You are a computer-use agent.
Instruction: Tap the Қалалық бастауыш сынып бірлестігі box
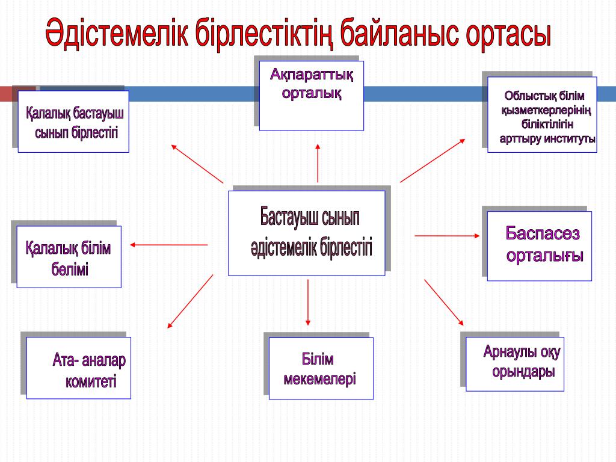(x=73, y=122)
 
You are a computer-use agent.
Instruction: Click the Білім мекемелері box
(x=321, y=368)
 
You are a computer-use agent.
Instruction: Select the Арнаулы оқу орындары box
(x=515, y=363)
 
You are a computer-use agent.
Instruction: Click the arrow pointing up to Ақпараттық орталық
(x=318, y=162)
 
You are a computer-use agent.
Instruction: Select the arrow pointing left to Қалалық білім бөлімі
(x=169, y=245)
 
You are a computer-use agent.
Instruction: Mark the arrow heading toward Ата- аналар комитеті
(x=190, y=301)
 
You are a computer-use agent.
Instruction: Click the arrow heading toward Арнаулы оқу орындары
(x=444, y=302)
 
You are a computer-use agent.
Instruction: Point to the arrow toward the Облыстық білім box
(x=432, y=161)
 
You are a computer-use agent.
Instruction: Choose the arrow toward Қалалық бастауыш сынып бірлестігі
(x=197, y=164)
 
